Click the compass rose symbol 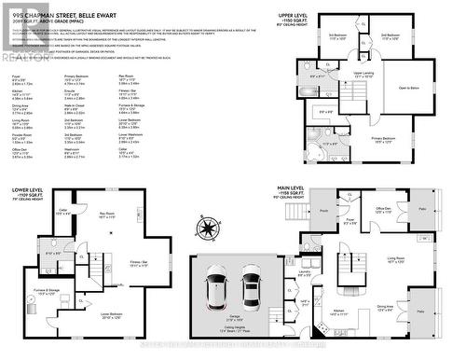[x=204, y=227]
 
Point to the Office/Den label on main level [x=382, y=210]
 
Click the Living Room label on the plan [x=395, y=259]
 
